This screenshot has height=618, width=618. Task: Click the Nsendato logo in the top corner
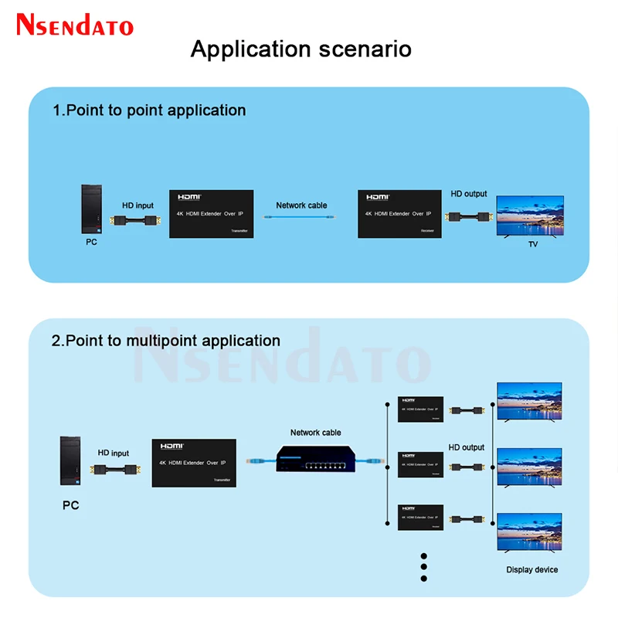(75, 25)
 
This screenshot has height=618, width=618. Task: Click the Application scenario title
(301, 49)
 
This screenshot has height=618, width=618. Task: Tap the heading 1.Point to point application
(149, 110)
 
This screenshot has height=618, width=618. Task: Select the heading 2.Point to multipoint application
(166, 340)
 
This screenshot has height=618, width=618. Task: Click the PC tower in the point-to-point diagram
(94, 209)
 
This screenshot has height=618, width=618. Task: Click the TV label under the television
(532, 244)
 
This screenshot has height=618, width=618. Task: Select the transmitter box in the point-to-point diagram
(211, 213)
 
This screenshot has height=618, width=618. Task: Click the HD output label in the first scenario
(469, 194)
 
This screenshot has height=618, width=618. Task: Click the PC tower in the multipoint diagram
(72, 463)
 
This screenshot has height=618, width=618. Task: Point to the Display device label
(531, 569)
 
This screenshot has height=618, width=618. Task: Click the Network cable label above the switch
(315, 433)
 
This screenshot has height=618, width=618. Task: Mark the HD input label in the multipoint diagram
(114, 453)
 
